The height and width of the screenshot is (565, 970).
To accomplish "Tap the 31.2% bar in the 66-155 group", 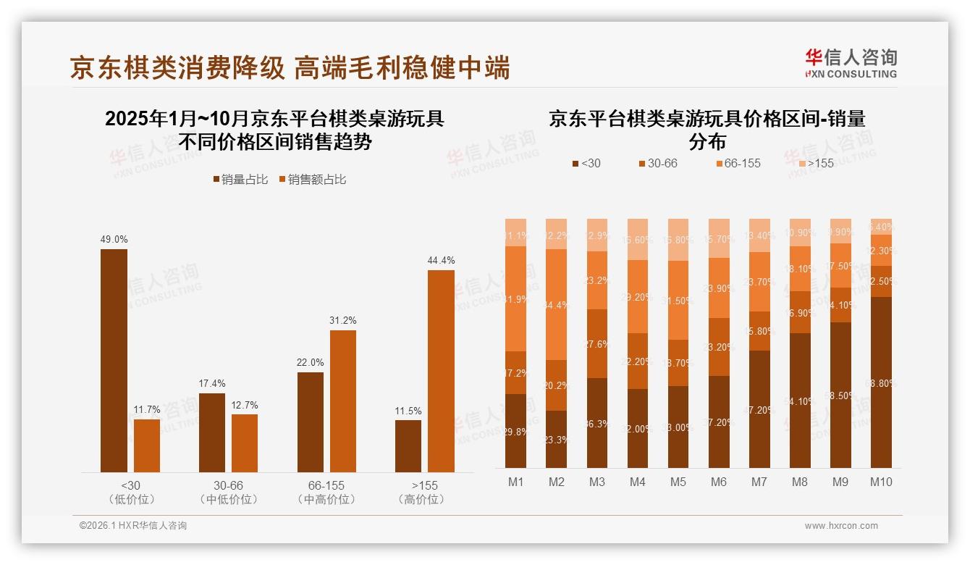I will tap(343, 401).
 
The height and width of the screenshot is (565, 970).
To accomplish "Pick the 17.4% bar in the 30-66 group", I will tap(211, 432).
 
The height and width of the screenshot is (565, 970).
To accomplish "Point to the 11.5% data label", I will tap(408, 411).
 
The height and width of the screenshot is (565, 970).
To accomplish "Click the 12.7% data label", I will tap(245, 405).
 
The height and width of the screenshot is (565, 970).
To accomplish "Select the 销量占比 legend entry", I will tap(241, 179).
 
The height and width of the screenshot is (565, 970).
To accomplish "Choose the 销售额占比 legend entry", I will tap(312, 179).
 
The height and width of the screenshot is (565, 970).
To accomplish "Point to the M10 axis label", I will tap(881, 482).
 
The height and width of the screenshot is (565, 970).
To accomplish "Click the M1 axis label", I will tap(515, 482).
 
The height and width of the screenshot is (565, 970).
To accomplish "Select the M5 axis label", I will tap(678, 482).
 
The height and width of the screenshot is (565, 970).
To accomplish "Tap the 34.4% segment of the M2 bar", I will tap(556, 304).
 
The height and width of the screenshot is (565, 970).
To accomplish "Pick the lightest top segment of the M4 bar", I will tap(637, 239).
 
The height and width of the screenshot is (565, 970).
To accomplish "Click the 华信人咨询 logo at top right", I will tap(851, 63).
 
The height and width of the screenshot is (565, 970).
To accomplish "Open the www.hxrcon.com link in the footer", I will tap(841, 526).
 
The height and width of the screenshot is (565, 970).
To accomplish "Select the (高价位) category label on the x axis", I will tap(421, 499).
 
